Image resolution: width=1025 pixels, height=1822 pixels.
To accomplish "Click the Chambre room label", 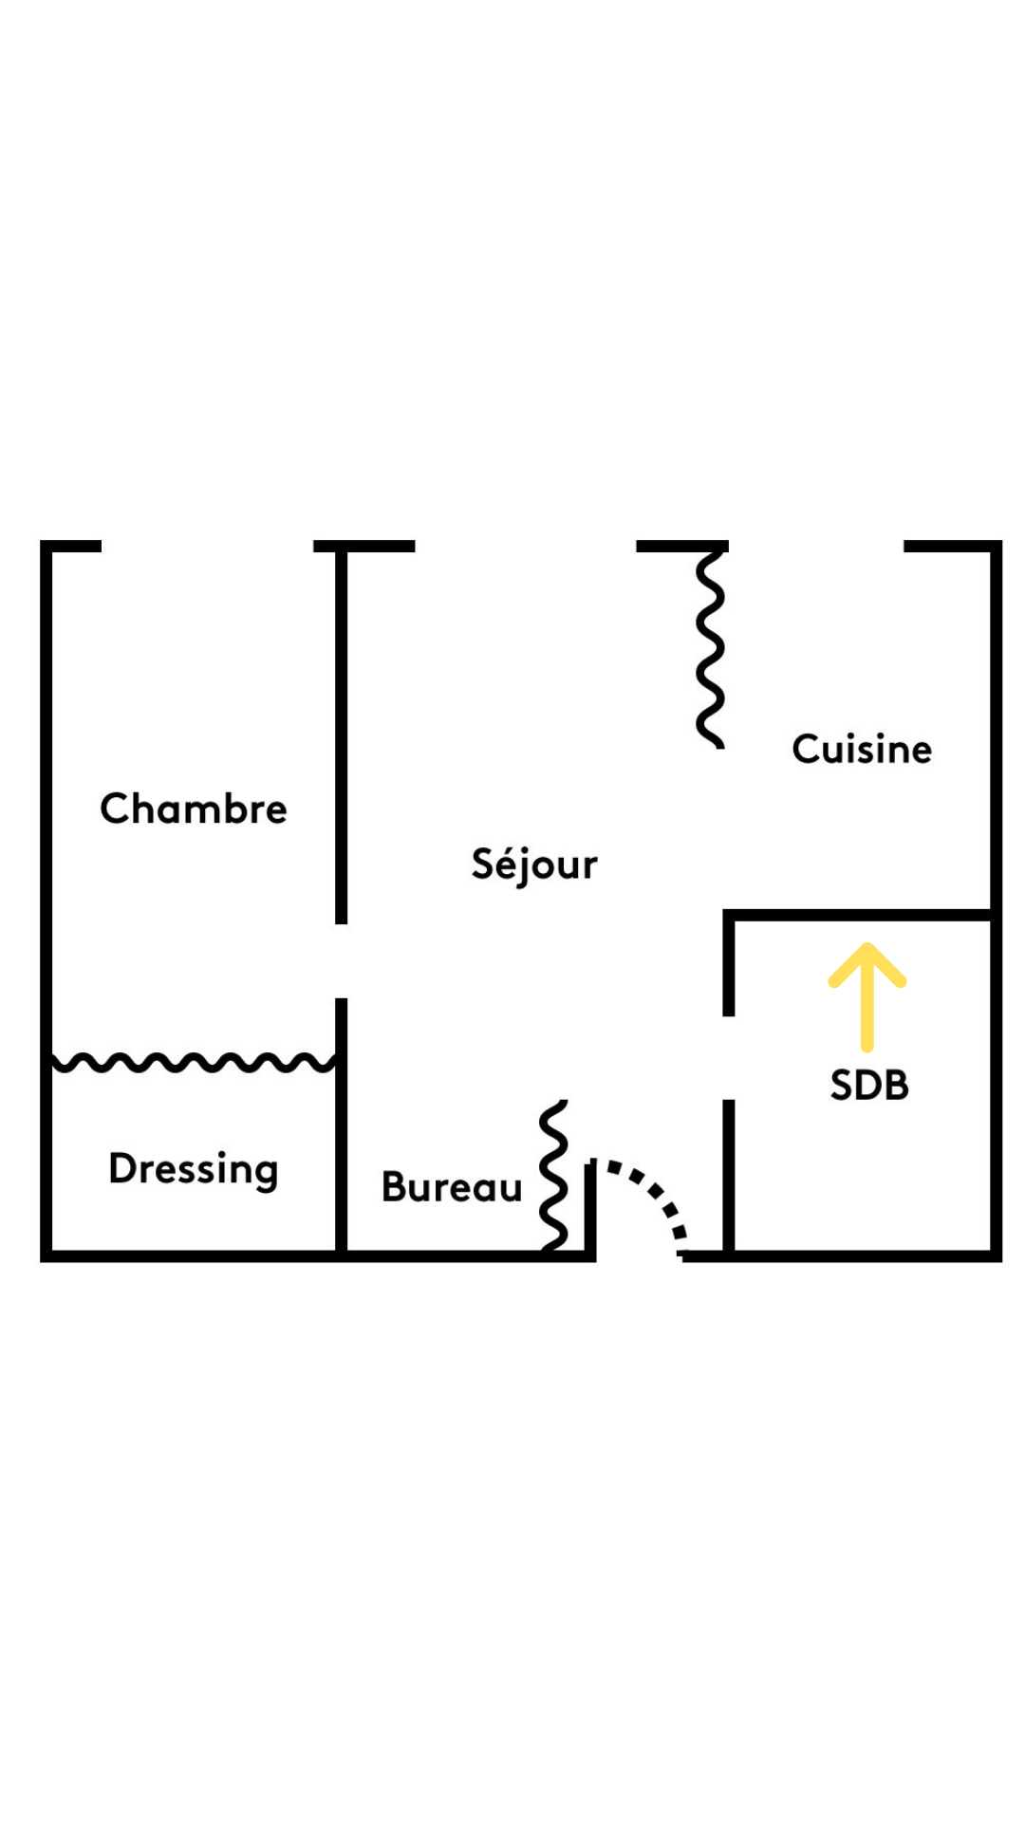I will tap(194, 809).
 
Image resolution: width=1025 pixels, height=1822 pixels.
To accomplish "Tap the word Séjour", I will tap(534, 865).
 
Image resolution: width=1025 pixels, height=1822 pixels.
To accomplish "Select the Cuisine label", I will tap(862, 749).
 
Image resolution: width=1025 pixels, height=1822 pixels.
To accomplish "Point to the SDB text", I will tap(869, 1085).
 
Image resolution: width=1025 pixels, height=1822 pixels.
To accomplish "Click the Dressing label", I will tap(194, 1168).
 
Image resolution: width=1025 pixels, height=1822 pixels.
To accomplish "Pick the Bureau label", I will tap(452, 1187).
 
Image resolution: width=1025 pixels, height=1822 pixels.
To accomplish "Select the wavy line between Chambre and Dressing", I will tap(194, 1062).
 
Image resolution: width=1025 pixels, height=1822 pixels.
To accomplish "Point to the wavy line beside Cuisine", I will tap(710, 650).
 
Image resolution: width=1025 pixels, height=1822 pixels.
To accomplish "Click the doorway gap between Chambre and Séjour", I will tap(341, 960).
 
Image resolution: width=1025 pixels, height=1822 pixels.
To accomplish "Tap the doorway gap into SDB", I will tap(729, 1057).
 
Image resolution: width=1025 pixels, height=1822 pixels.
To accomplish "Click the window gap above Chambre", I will tap(207, 546).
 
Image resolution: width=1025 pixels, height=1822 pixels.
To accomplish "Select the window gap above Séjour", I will tap(525, 546).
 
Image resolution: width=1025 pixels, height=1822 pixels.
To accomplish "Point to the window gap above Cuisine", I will tap(816, 546).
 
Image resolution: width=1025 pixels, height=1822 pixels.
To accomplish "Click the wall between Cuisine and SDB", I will tap(859, 915).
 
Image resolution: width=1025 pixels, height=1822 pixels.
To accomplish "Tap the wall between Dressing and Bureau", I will tap(341, 1158).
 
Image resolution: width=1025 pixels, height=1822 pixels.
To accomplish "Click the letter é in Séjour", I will tap(506, 862).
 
